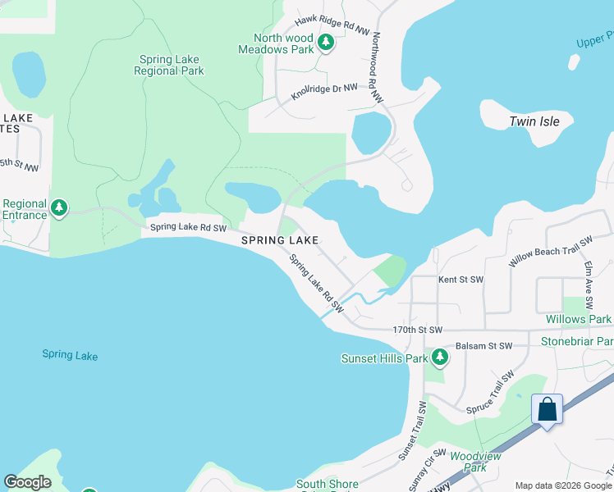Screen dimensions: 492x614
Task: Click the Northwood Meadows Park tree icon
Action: click(x=325, y=43)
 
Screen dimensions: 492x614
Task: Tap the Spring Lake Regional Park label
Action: click(x=169, y=66)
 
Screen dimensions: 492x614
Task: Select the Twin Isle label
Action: click(x=534, y=121)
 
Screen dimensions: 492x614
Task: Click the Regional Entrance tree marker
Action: click(x=58, y=208)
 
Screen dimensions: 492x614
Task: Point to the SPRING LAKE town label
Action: click(x=279, y=240)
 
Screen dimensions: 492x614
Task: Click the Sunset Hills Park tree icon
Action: click(x=440, y=358)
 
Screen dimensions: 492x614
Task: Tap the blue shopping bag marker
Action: click(x=548, y=410)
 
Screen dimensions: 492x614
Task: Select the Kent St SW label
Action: click(x=460, y=280)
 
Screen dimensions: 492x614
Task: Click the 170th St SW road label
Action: click(x=417, y=330)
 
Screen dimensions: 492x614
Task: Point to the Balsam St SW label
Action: click(x=483, y=346)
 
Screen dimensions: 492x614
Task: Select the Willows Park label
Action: click(x=578, y=319)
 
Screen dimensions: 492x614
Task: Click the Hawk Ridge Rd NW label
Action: click(x=332, y=25)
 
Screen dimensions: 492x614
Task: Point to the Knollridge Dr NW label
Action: click(x=325, y=91)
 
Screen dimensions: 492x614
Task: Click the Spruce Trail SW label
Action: click(x=490, y=392)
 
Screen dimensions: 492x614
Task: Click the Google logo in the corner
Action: click(x=27, y=482)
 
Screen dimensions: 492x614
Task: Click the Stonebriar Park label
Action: click(x=577, y=341)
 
